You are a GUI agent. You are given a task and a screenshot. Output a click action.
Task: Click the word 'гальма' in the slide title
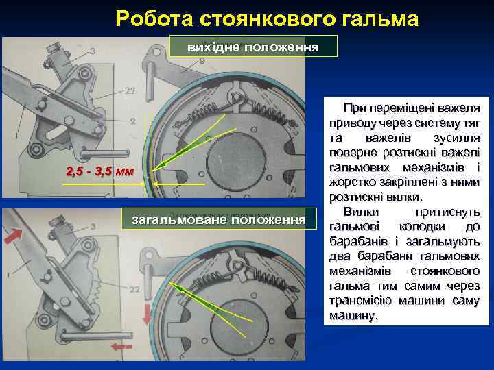[x=380, y=19]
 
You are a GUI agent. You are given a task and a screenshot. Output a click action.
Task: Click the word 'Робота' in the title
[x=148, y=19]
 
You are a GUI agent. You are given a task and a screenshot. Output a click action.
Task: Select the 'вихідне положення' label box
[x=254, y=47]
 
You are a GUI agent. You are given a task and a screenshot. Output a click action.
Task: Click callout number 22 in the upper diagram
[x=130, y=91]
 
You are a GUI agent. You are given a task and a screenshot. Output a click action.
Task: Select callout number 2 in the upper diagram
[x=132, y=121]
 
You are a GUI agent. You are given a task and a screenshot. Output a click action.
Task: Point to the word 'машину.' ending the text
[x=354, y=317]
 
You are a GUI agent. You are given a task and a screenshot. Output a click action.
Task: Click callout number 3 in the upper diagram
[x=92, y=51]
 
